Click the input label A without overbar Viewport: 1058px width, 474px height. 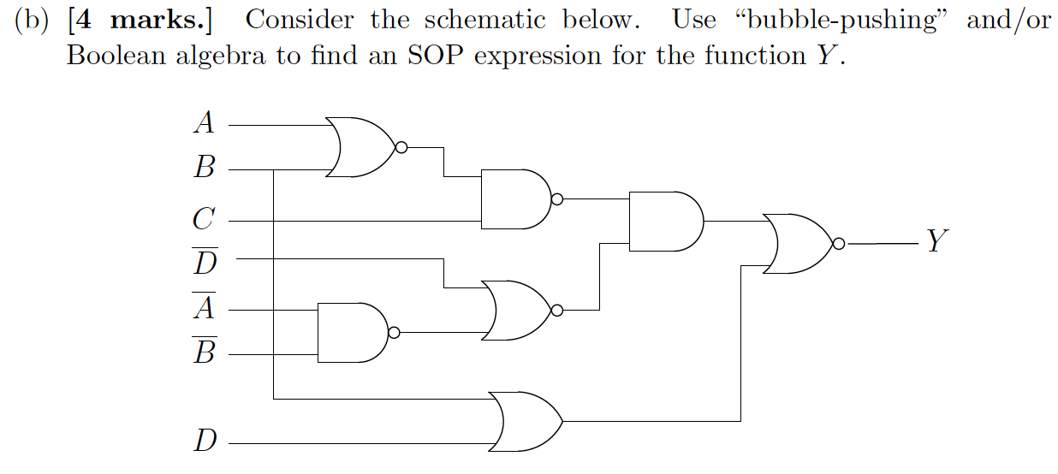pyautogui.click(x=204, y=124)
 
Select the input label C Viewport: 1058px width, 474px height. pyautogui.click(x=203, y=220)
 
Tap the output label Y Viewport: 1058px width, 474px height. pyautogui.click(x=937, y=242)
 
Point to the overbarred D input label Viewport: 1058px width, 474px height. pyautogui.click(x=205, y=261)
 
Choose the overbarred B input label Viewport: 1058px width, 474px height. pyautogui.click(x=204, y=351)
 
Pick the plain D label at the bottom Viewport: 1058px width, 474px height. pyautogui.click(x=205, y=442)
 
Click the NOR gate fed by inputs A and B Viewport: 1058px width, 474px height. pyautogui.click(x=360, y=147)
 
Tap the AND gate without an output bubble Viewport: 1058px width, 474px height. pyautogui.click(x=664, y=221)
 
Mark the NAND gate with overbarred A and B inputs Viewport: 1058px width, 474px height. pyautogui.click(x=352, y=332)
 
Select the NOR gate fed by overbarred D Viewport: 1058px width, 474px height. pyautogui.click(x=517, y=310)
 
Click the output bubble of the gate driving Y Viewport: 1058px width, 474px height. pyautogui.click(x=839, y=244)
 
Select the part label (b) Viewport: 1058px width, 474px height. pyautogui.click(x=32, y=21)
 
